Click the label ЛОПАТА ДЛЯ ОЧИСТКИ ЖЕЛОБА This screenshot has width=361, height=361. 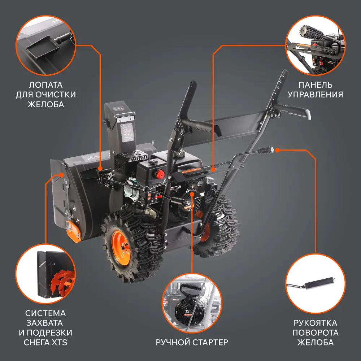tap(45, 95)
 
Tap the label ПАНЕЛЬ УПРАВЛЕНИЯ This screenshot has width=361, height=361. tap(321, 90)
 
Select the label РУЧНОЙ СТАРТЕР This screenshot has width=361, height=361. tap(192, 342)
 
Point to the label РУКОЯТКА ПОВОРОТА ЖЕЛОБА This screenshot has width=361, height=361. tap(315, 332)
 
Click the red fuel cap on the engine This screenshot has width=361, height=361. tap(159, 174)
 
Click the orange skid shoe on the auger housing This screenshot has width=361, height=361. tap(74, 231)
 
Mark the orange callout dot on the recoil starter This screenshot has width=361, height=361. tap(192, 195)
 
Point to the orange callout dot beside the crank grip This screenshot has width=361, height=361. tap(277, 149)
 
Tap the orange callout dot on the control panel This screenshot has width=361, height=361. tap(213, 169)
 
